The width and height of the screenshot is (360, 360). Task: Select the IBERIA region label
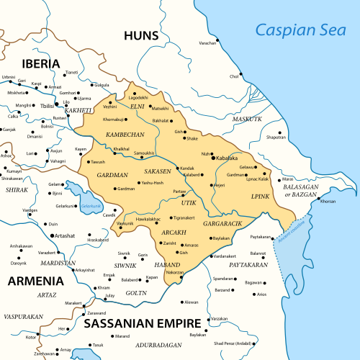30,63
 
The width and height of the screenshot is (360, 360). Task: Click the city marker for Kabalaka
214,158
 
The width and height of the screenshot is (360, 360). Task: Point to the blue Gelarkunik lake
78,197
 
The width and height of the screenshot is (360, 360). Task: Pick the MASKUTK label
247,119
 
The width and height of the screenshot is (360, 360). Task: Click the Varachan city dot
219,42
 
